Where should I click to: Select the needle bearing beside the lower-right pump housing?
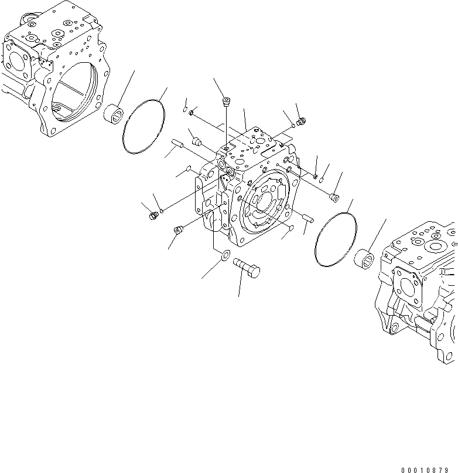[366, 258]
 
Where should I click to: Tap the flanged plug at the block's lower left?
[178, 229]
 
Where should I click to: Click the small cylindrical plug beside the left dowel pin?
[197, 141]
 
